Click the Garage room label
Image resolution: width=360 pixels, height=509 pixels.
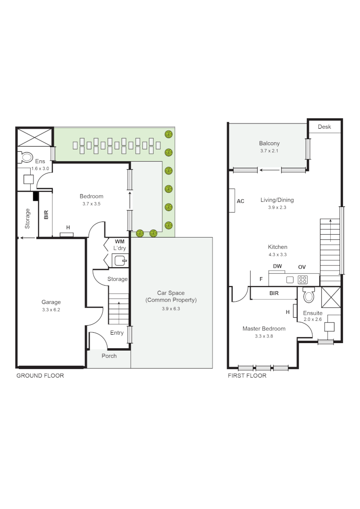coord(51,302)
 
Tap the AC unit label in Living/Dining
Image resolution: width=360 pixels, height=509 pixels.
coord(240,201)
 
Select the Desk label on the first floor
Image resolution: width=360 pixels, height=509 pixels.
coord(324,127)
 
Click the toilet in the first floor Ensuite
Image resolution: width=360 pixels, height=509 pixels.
coord(309,296)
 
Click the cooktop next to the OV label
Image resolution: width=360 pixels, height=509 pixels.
coord(303,279)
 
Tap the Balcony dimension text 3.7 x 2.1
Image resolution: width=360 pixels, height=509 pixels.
coord(269,151)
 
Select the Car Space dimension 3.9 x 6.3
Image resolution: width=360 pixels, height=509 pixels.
coord(171,309)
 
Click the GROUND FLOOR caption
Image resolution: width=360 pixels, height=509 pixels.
coord(40,376)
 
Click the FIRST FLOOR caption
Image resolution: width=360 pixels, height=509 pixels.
coord(247,376)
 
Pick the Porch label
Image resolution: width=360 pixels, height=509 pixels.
coord(109,356)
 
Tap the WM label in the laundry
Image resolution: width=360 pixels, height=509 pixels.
coord(119,241)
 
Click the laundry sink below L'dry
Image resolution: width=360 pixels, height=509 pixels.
coord(120,260)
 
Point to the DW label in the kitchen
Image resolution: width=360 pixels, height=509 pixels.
coord(278,267)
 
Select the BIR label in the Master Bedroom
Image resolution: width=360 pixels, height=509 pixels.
coord(274,293)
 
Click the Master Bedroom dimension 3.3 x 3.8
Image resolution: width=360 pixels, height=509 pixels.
coord(264,336)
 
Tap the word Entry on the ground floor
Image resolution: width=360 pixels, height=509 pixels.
coord(117,333)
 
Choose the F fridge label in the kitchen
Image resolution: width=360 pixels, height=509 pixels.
coord(261,279)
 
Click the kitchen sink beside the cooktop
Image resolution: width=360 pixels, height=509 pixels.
coord(289,279)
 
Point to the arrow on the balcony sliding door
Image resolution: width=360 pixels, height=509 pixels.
coord(269,170)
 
